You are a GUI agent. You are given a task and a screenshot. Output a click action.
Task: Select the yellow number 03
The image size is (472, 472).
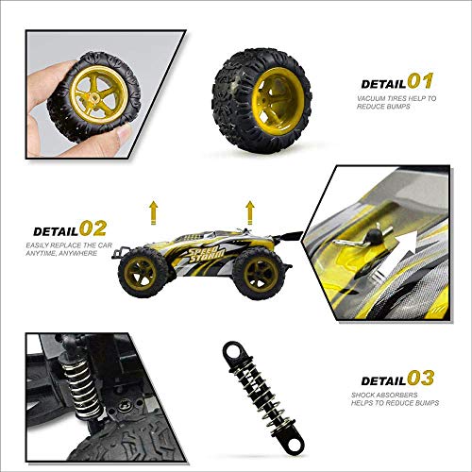421,379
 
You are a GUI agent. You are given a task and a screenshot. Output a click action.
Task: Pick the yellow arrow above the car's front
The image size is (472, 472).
154,209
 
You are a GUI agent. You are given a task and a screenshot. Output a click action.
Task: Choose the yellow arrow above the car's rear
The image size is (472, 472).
250,209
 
